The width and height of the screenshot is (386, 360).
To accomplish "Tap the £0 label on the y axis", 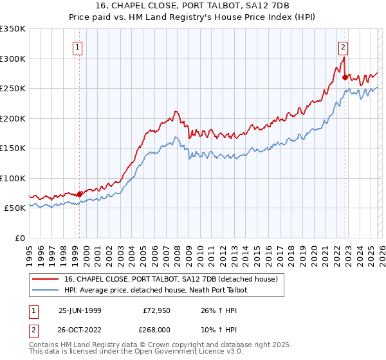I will tap(19, 238).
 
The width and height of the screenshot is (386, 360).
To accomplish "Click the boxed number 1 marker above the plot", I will tap(77, 47).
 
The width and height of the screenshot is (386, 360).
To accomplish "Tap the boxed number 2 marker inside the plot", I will tap(344, 47).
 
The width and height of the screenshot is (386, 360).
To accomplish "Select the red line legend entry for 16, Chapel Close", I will tap(170, 279).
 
